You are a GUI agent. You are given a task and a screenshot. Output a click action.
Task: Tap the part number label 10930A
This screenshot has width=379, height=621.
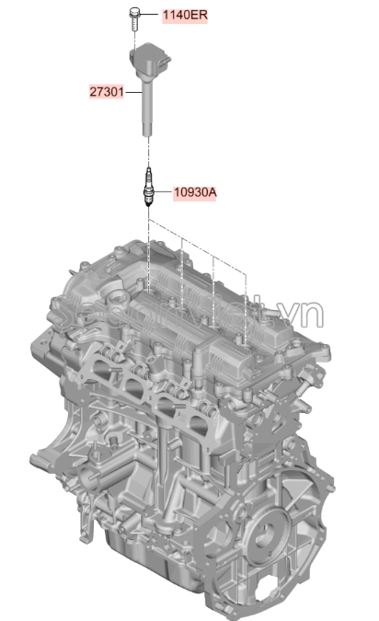pyautogui.click(x=195, y=192)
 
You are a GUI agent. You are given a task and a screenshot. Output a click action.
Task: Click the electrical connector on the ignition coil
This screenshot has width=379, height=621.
pyautogui.click(x=167, y=63)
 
